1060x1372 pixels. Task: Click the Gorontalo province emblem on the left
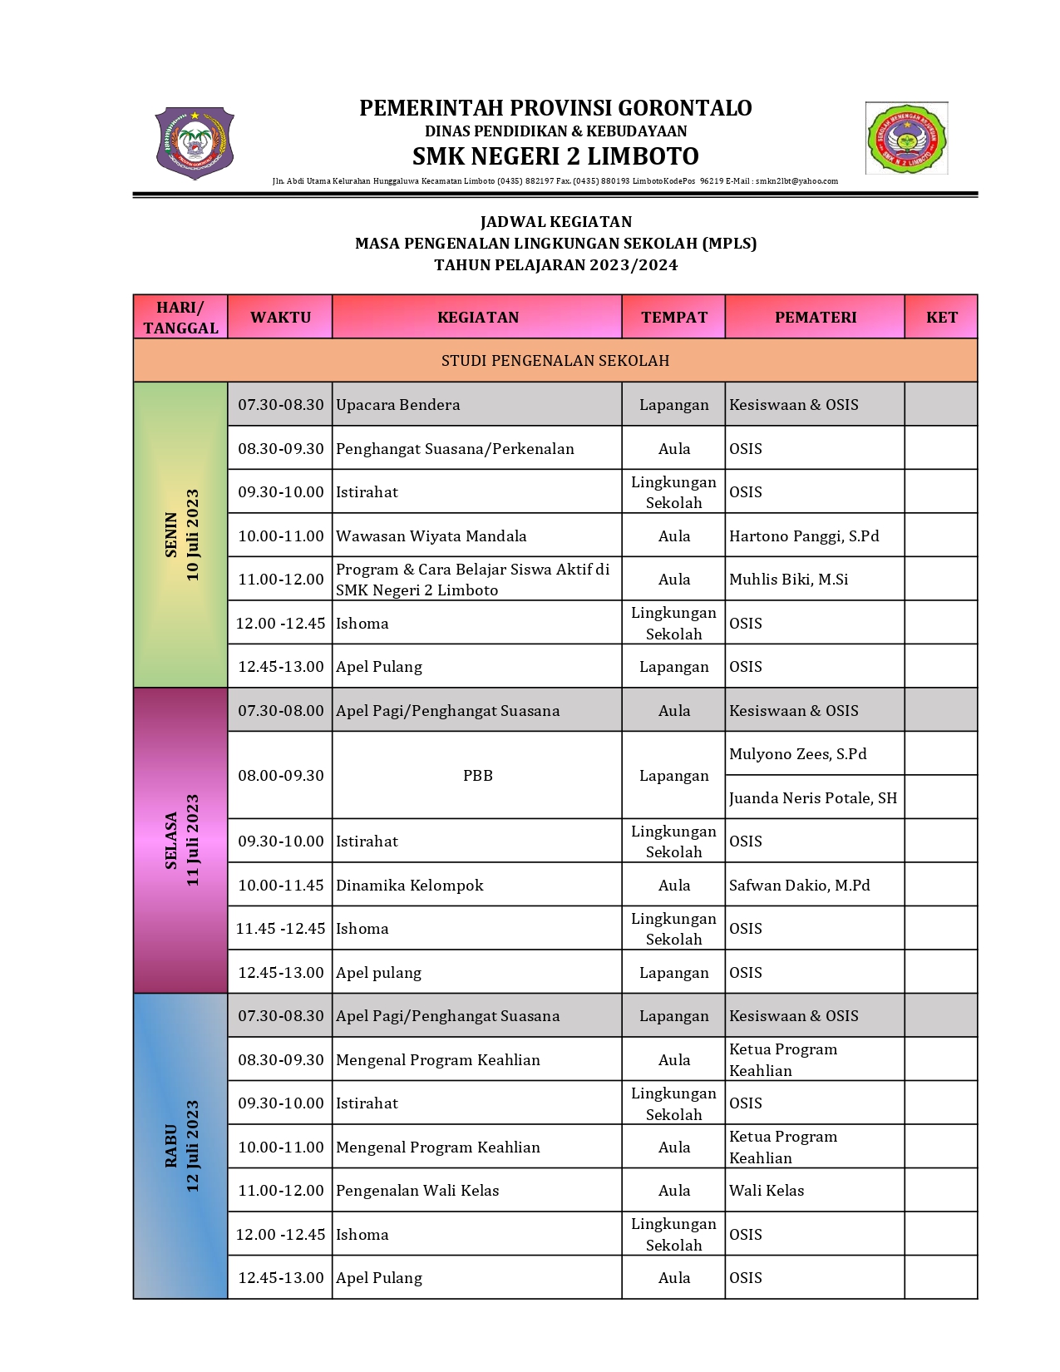(195, 142)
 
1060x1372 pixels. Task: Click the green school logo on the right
(906, 138)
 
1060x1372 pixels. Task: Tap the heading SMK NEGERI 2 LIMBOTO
(555, 156)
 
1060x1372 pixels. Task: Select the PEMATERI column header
(815, 317)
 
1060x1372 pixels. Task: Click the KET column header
(941, 317)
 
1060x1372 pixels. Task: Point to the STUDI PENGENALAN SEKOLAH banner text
(555, 361)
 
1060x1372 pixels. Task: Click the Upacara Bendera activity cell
(397, 405)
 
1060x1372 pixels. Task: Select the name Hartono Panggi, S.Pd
(803, 535)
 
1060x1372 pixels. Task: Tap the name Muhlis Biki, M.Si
(788, 580)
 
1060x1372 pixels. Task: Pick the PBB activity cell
(477, 775)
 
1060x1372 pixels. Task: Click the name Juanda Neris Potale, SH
(812, 797)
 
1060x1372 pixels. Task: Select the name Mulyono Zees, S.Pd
(797, 754)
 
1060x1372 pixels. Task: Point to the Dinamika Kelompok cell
(409, 885)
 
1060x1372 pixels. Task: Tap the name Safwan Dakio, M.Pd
(799, 885)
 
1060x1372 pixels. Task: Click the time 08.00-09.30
(280, 775)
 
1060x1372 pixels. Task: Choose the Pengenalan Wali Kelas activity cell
(417, 1190)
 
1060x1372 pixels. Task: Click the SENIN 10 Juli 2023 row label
(181, 535)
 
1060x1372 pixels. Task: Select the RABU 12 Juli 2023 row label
(181, 1146)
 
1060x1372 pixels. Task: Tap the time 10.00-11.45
(280, 885)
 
